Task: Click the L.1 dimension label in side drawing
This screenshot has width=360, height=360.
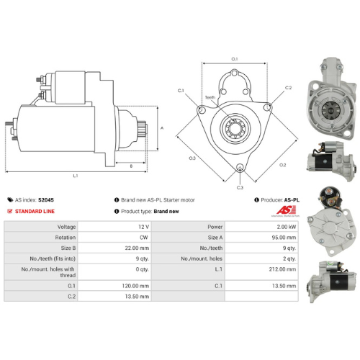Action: tap(75, 176)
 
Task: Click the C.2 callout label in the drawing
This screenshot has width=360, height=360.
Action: tap(288, 88)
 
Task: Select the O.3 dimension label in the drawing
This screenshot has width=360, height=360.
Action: tap(192, 157)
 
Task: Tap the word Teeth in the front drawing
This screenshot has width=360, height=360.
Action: tap(210, 96)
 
